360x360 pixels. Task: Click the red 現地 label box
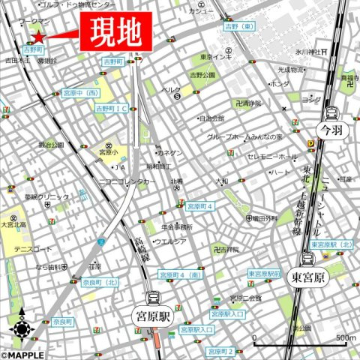click(113, 31)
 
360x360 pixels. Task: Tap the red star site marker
click(37, 36)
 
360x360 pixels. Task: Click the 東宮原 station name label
click(308, 276)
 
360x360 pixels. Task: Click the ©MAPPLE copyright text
click(22, 355)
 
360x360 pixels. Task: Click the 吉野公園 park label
click(202, 75)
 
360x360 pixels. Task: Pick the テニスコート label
click(32, 249)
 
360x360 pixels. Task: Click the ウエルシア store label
click(169, 241)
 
